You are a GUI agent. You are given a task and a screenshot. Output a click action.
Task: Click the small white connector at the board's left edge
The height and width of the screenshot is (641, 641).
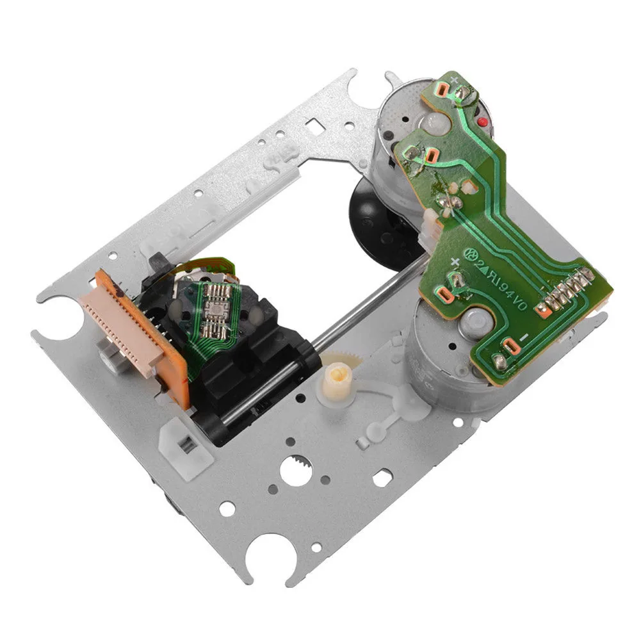425,224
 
